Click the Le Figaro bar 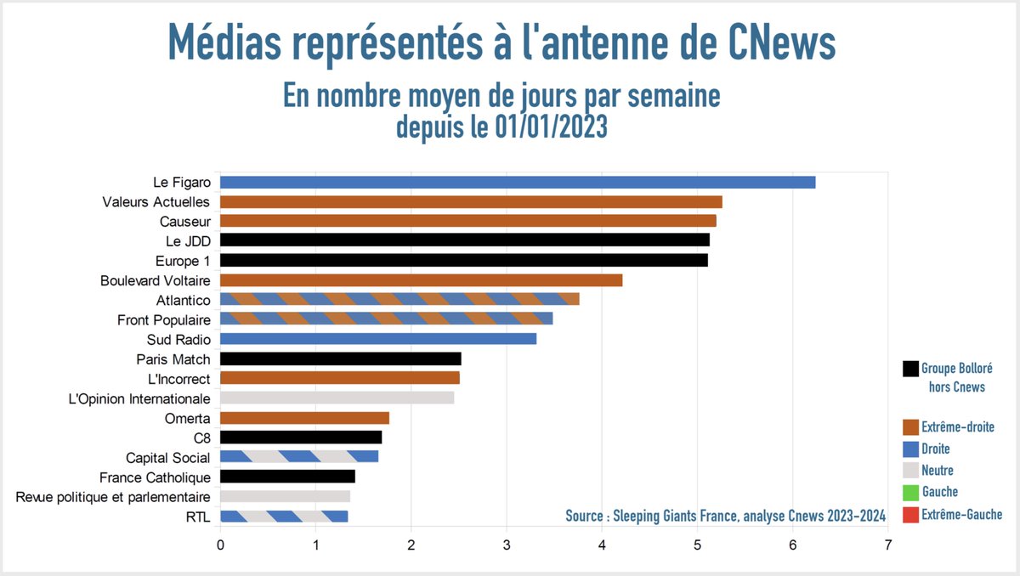517,182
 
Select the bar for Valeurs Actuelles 471,201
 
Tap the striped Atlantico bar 399,299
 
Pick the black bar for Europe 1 463,260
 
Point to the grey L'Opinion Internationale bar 337,398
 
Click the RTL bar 284,516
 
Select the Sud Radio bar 378,339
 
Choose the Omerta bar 304,418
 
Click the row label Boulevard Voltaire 155,280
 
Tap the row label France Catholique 155,477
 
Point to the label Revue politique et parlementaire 113,497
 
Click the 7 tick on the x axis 887,545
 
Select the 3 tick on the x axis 507,545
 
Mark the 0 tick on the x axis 221,545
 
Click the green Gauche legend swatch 910,493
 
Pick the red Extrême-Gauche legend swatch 910,515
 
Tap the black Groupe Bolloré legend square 910,370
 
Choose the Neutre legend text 938,471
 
